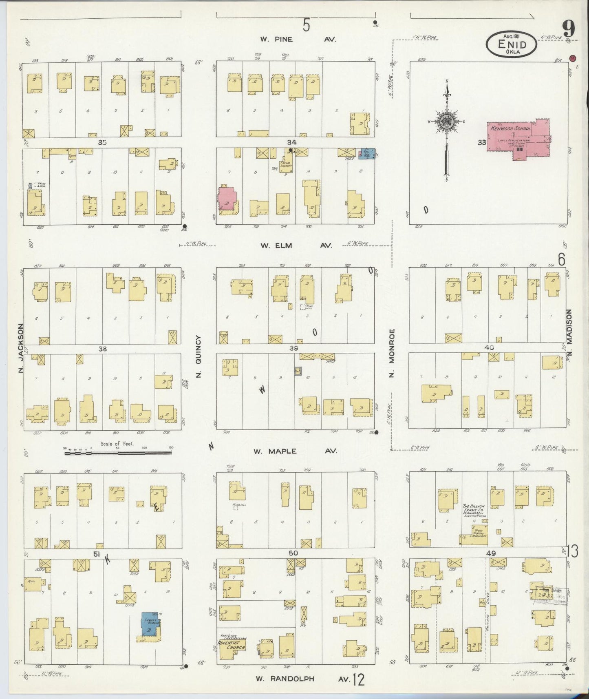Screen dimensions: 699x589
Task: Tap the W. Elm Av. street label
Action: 296,246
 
